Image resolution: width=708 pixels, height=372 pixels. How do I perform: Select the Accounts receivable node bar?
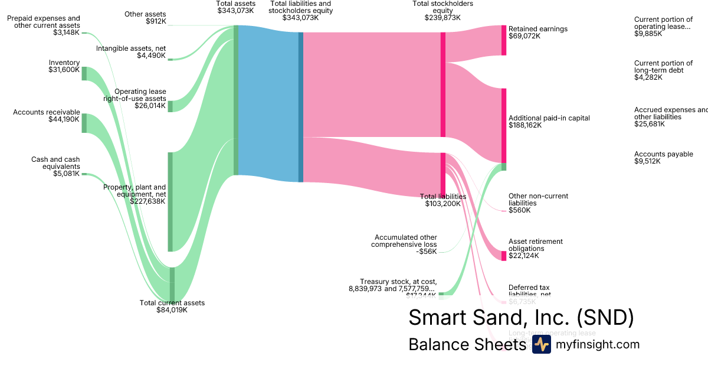click(x=84, y=123)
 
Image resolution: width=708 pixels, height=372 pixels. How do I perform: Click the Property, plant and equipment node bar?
click(x=171, y=202)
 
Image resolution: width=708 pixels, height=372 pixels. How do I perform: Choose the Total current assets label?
click(x=172, y=306)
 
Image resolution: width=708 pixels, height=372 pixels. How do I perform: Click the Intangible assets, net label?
click(x=130, y=52)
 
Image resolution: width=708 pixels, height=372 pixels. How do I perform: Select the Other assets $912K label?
click(x=145, y=18)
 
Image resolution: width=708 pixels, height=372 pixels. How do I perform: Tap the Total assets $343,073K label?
click(x=236, y=7)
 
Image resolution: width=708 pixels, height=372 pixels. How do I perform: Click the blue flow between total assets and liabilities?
click(x=268, y=104)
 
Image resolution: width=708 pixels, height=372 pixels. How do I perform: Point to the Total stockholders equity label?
click(x=442, y=11)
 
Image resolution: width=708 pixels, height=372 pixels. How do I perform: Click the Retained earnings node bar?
click(x=504, y=40)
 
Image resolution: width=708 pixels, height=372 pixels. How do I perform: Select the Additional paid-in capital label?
click(x=549, y=122)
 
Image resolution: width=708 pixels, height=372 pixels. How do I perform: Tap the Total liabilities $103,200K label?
click(x=442, y=200)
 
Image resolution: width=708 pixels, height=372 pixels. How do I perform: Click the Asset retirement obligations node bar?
click(x=504, y=255)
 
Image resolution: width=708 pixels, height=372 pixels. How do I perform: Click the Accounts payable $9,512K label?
click(x=663, y=158)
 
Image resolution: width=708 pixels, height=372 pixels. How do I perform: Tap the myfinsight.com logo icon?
click(x=541, y=345)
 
